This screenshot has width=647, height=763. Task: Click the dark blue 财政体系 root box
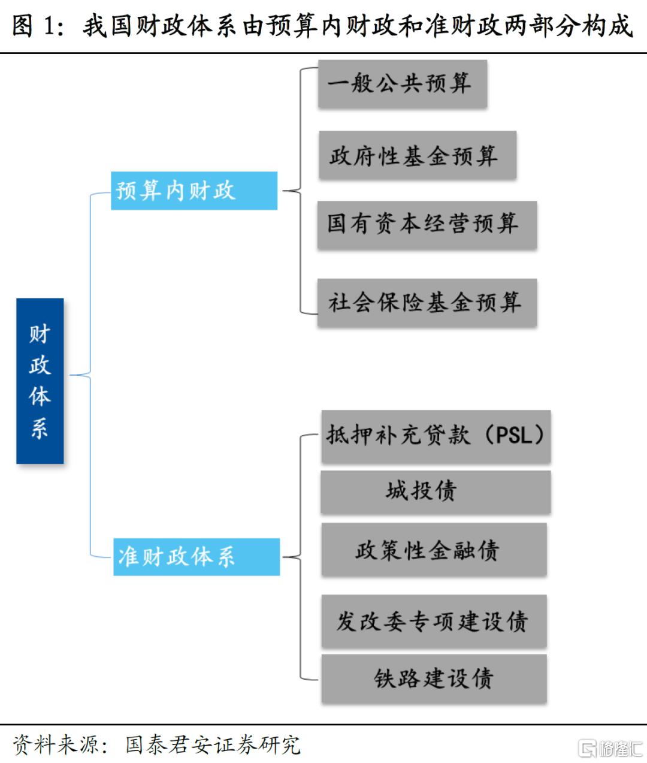(40, 381)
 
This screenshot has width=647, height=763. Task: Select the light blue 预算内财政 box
(194, 191)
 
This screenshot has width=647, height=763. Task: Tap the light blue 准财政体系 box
(196, 557)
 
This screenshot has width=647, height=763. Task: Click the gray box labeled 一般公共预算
(402, 84)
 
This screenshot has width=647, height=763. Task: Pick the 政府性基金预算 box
(417, 156)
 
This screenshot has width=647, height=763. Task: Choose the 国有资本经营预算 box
(427, 225)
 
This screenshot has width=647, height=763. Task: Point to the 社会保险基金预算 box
(427, 303)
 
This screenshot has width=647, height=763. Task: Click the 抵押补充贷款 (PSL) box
(436, 436)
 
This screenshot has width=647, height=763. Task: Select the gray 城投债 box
(436, 491)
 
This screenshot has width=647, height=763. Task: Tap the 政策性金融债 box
(434, 550)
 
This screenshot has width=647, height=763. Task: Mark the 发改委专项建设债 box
(434, 622)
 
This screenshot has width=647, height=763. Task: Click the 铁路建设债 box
(434, 678)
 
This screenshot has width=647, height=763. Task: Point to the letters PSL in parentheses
(514, 435)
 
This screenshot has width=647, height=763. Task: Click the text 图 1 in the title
(37, 26)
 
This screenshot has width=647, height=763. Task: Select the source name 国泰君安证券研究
(213, 745)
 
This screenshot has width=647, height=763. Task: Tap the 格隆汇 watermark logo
(610, 749)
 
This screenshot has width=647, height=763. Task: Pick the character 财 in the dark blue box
(40, 334)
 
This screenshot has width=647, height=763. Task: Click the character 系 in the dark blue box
(40, 428)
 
